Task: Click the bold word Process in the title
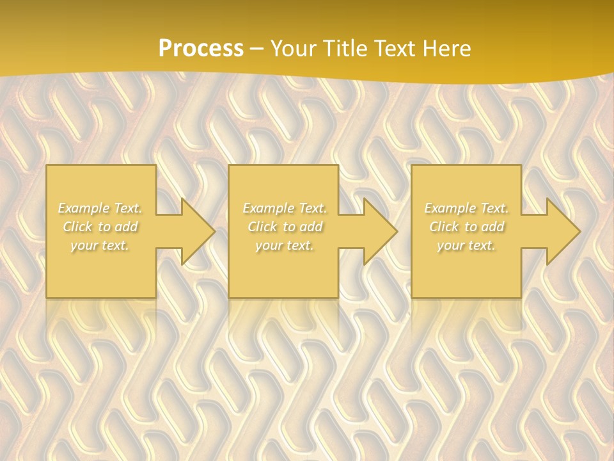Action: tap(201, 49)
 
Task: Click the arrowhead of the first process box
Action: tap(196, 231)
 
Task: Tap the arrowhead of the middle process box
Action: tap(378, 231)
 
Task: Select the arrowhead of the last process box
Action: tap(561, 231)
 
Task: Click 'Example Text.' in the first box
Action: tap(100, 208)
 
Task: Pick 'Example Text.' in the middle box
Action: tap(284, 208)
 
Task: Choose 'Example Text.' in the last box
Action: tap(466, 208)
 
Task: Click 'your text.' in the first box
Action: tap(100, 245)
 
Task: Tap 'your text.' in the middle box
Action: tap(284, 245)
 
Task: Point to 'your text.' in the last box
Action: tap(466, 245)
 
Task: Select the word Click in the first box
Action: tap(77, 227)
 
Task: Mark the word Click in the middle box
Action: tap(262, 227)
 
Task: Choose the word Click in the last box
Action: tap(444, 227)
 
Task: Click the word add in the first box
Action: tap(127, 227)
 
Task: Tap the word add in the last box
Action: tap(493, 227)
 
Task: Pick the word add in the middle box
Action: tap(311, 227)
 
